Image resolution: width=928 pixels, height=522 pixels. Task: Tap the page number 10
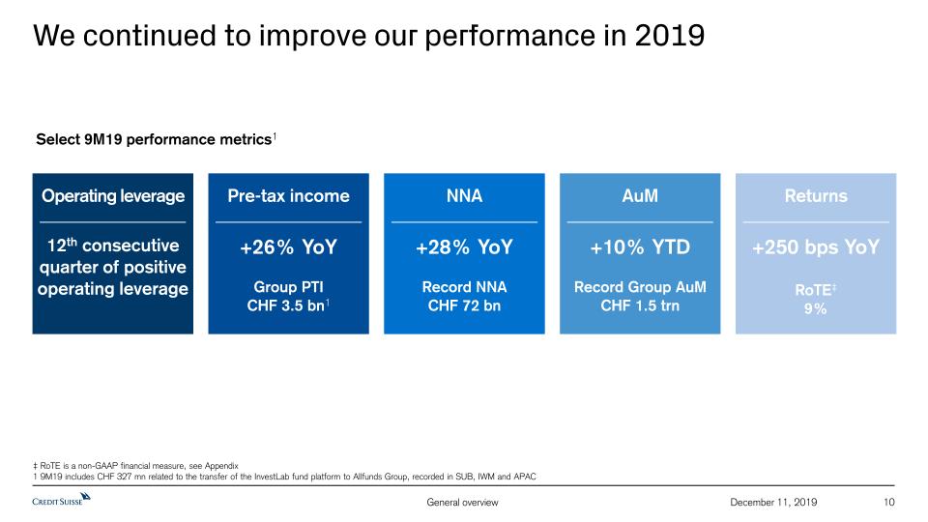[889, 502]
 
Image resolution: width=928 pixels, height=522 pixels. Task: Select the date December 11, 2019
[774, 502]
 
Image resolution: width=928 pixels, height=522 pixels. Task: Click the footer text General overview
[462, 502]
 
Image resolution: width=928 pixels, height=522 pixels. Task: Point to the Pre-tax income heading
[288, 196]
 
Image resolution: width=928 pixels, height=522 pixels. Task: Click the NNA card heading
[464, 196]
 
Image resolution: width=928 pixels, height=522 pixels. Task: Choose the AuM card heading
[640, 196]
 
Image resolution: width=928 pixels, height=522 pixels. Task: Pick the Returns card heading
[816, 196]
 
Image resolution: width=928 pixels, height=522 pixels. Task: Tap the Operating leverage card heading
[112, 196]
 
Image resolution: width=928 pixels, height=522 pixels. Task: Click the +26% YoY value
[288, 247]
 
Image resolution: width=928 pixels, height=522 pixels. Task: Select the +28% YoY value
[464, 247]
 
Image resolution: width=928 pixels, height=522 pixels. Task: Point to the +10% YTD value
[640, 247]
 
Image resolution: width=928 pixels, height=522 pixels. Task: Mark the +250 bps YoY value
[816, 247]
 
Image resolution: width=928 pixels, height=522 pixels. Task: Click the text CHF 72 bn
[464, 306]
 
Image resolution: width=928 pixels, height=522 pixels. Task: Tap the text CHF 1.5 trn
[640, 306]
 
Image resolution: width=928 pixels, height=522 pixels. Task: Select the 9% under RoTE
[816, 309]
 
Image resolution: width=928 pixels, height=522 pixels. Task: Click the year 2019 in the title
[670, 36]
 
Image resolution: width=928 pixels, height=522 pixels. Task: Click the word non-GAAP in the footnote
[93, 465]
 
